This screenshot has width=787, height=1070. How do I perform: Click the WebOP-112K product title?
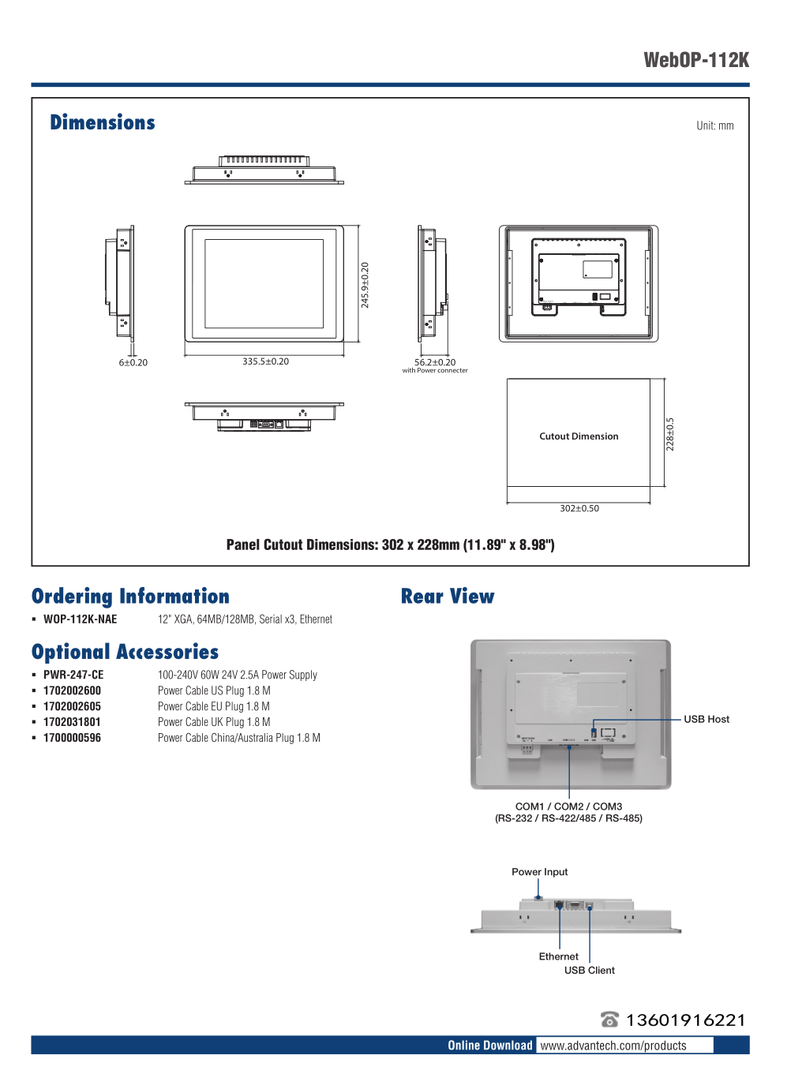[x=696, y=61]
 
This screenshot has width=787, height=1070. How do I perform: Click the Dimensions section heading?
[x=103, y=122]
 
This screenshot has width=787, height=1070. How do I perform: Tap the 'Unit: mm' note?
[x=714, y=125]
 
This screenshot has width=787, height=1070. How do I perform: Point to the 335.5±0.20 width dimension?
[x=265, y=361]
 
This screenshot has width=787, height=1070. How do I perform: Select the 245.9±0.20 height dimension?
[x=365, y=285]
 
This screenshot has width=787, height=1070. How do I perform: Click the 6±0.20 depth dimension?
[x=133, y=363]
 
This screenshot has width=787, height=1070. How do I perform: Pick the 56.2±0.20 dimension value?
[x=435, y=362]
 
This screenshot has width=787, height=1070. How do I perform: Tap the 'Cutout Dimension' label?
[x=579, y=436]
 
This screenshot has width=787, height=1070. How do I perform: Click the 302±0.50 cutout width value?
[x=579, y=508]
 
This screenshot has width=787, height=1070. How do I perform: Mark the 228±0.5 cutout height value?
[x=670, y=434]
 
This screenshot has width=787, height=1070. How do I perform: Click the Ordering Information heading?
[x=130, y=597]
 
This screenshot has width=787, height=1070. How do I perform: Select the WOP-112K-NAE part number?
[x=80, y=619]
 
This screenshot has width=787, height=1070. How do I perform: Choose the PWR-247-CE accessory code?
[x=73, y=675]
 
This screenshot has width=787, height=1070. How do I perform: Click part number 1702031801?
[x=72, y=722]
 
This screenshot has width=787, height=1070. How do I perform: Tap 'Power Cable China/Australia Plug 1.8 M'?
[x=238, y=738]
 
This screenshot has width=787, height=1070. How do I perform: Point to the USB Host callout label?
[x=706, y=719]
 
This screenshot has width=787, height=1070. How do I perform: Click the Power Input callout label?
[x=539, y=872]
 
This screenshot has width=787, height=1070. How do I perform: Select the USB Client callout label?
[x=589, y=971]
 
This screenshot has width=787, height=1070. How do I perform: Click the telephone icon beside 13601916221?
[x=609, y=1019]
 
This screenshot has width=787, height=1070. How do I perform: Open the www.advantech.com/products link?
[x=613, y=1046]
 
